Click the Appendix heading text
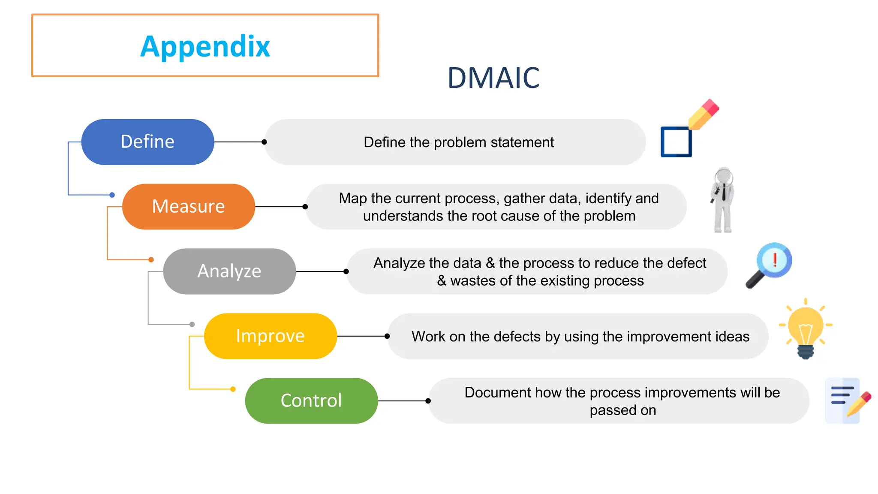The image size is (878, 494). pos(205,46)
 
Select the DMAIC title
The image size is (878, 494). pos(493,78)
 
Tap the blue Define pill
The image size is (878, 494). pos(147,142)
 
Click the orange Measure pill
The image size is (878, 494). pos(189,207)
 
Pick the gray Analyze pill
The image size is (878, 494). pos(229,271)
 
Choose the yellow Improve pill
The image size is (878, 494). pos(270,336)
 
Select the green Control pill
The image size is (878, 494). pos(311,401)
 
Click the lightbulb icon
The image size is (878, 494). pos(805,328)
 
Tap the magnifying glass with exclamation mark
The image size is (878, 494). pos(770,265)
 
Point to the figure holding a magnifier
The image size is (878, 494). pos(723,200)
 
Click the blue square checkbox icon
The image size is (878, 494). pos(676,142)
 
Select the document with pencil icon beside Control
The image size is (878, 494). pos(847,400)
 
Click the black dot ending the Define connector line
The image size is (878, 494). pos(265,142)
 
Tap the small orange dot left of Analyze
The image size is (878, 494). pos(151,259)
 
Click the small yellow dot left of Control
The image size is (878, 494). pos(233,389)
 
